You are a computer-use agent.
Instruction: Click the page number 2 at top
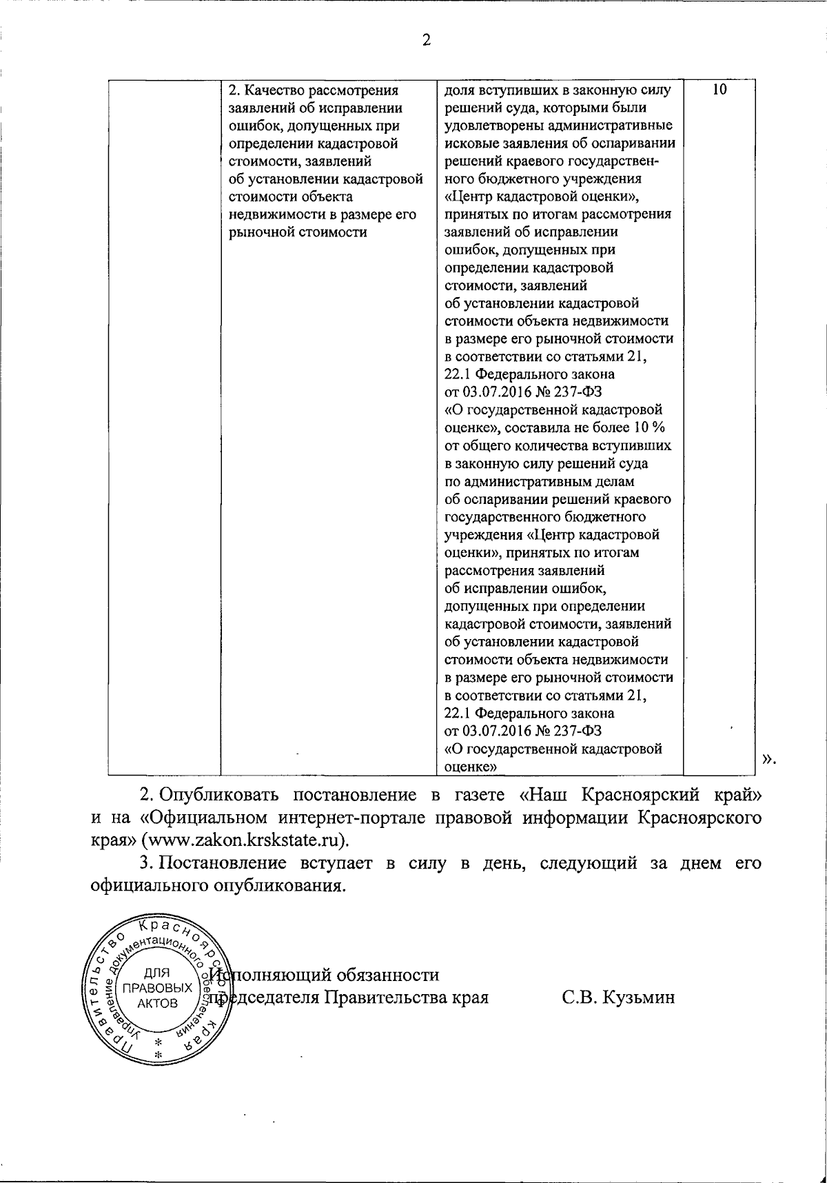coord(426,40)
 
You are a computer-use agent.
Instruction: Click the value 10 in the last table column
coord(719,90)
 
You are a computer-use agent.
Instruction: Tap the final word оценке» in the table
coord(472,766)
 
